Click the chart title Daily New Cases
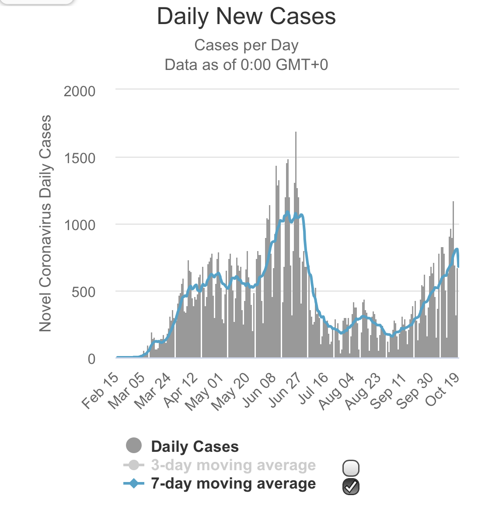coord(246,17)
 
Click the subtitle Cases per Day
coord(246,45)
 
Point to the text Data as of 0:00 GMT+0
coord(246,65)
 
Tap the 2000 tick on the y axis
coord(79,91)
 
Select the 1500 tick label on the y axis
coord(79,158)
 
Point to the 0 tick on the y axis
coord(91,359)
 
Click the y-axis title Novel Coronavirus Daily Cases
coord(45,223)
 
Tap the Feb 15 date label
coord(101,391)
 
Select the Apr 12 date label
coord(181,391)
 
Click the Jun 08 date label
coord(259,391)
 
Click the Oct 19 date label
coord(442,391)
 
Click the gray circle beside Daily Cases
coord(134,446)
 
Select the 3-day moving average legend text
coord(233,465)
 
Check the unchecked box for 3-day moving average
coord(351,468)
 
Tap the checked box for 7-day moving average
coord(351,486)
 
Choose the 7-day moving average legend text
coord(233,484)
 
